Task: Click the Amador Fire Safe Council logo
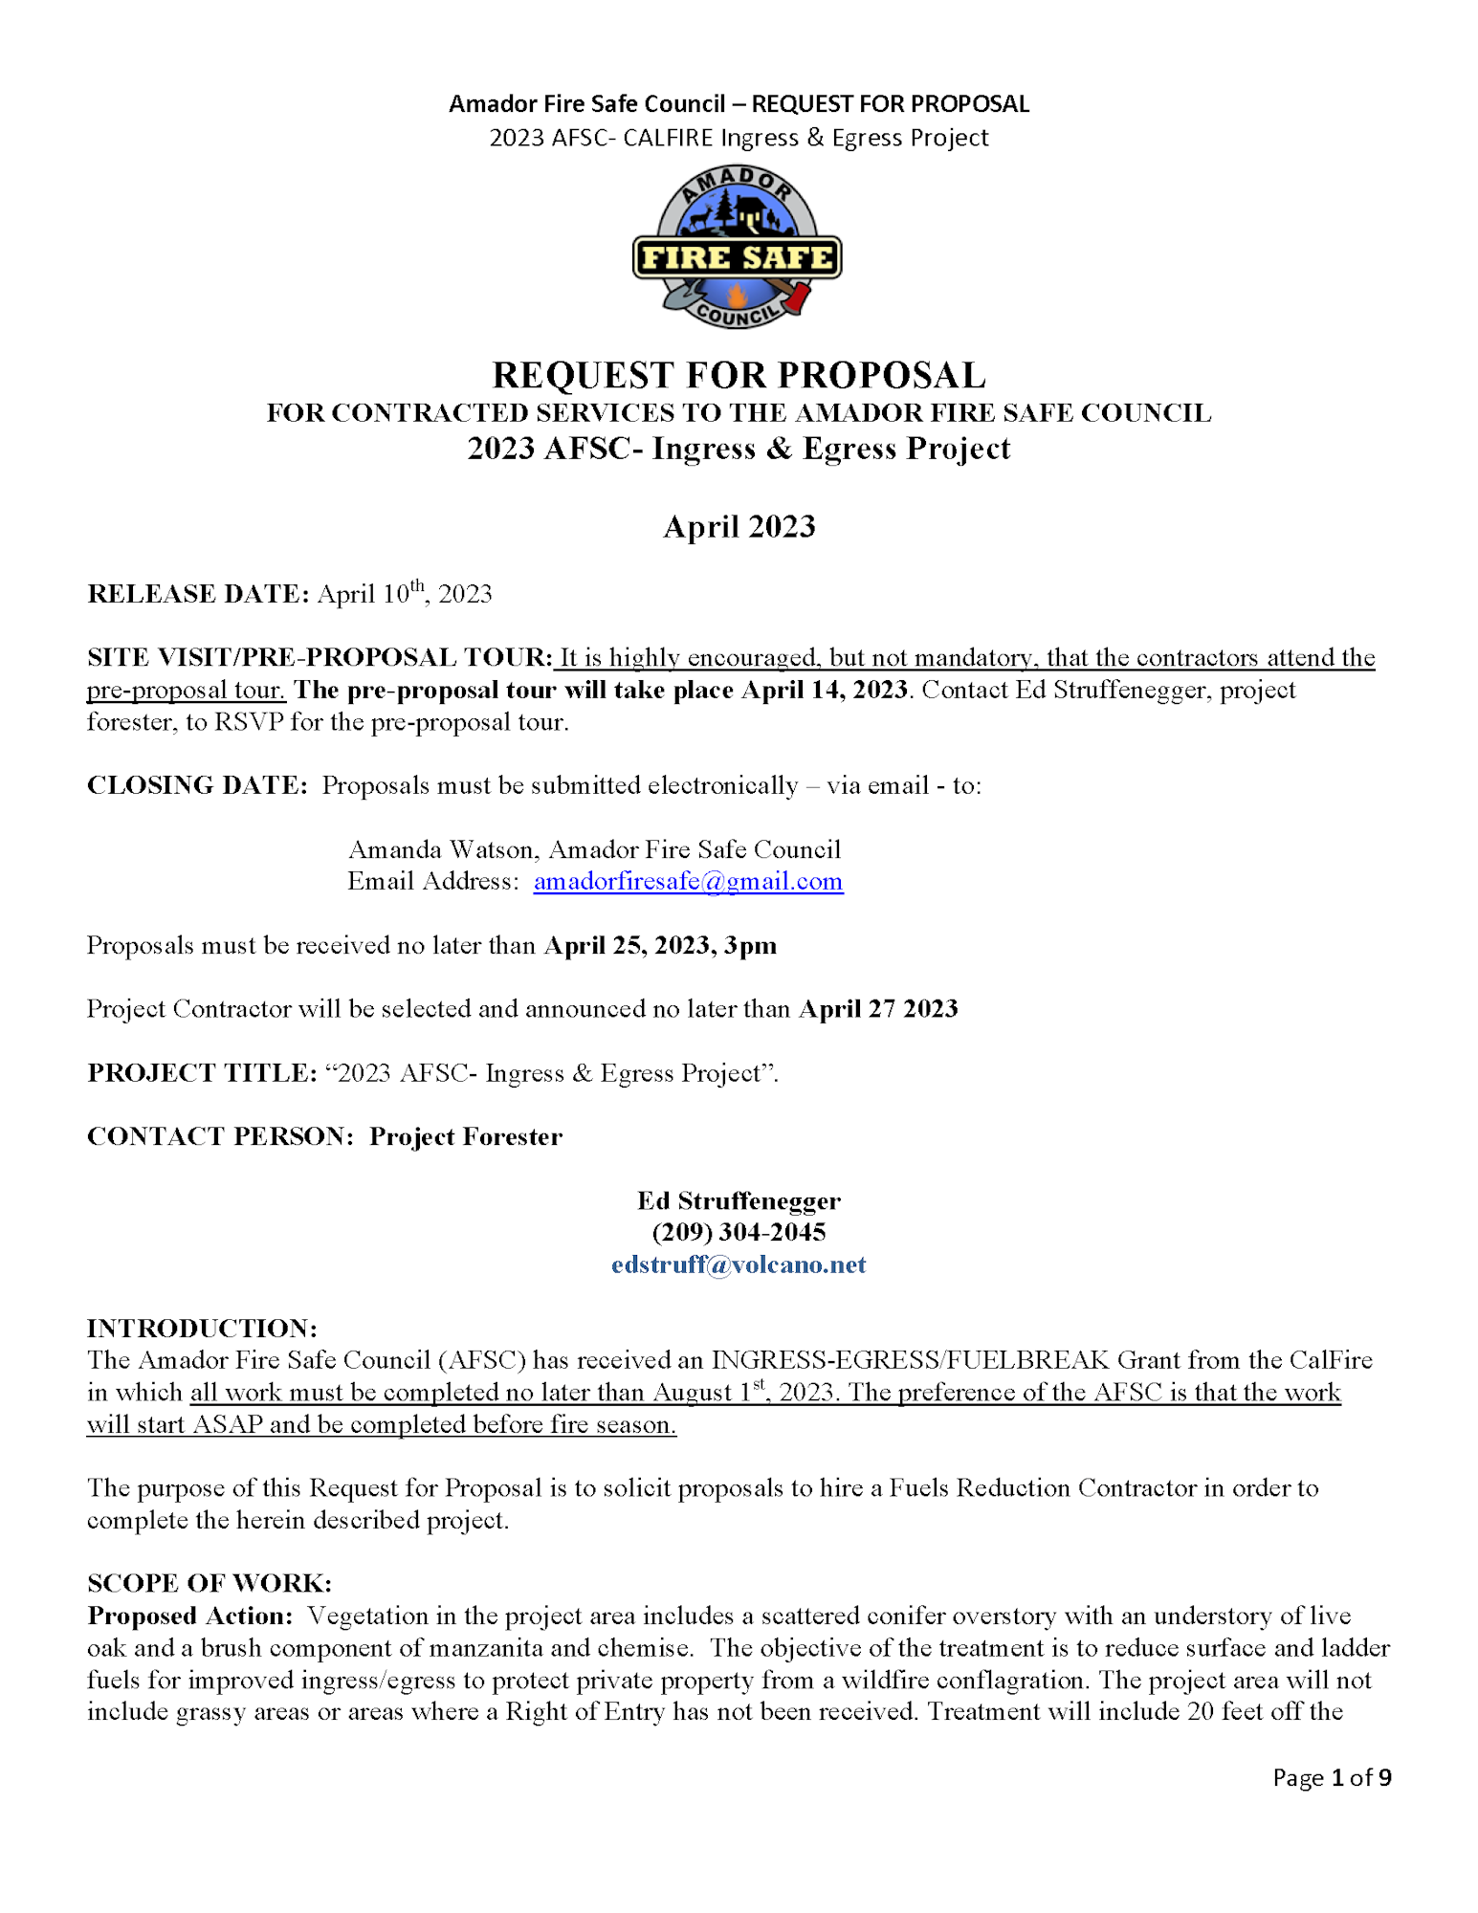(x=738, y=247)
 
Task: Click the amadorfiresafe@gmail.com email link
(x=688, y=881)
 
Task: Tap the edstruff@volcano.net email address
(x=739, y=1264)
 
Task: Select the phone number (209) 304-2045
(x=739, y=1232)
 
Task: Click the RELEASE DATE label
(x=198, y=594)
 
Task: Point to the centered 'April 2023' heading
(x=739, y=526)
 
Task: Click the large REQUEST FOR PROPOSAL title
(x=739, y=375)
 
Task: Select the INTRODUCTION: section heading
(x=202, y=1328)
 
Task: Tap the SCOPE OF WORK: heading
(x=210, y=1583)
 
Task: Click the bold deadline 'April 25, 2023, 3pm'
(x=660, y=945)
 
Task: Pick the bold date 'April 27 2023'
(x=878, y=1009)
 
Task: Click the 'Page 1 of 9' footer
(x=1331, y=1777)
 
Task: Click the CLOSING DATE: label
(x=197, y=785)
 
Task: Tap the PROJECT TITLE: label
(x=202, y=1073)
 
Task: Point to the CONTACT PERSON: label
(x=220, y=1136)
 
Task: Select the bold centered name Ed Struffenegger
(x=739, y=1200)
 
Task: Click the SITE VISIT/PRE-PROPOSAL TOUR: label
(x=320, y=657)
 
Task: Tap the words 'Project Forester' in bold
(x=466, y=1136)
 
